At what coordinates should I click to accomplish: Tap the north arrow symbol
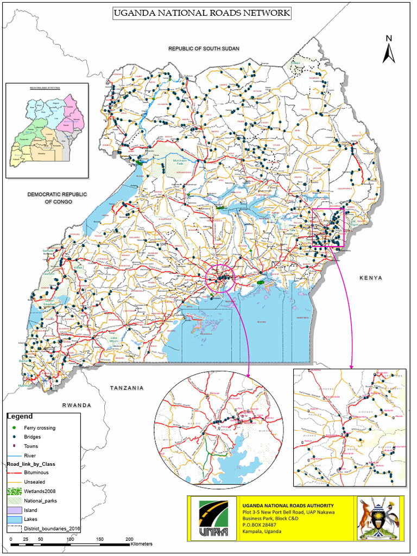pos(388,49)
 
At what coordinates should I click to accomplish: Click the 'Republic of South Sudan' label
pos(204,49)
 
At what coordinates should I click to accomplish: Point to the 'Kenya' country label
pos(371,277)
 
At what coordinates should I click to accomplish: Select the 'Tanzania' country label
pos(127,388)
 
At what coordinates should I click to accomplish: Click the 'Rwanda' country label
pos(77,406)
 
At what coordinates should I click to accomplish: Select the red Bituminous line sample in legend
pos(14,473)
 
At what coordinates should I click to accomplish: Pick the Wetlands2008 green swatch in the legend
pos(14,491)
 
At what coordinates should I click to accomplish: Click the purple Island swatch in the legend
pos(14,510)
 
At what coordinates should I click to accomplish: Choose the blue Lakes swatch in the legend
pos(14,520)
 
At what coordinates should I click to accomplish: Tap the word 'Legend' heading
pos(20,416)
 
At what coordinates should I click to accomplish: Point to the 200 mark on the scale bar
pos(129,538)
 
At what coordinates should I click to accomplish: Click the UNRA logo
pos(213,518)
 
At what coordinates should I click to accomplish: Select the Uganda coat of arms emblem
pos(378,518)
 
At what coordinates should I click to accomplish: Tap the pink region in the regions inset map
pos(72,109)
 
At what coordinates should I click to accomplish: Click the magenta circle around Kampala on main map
pos(219,277)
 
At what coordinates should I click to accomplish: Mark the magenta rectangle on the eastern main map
pos(328,228)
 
